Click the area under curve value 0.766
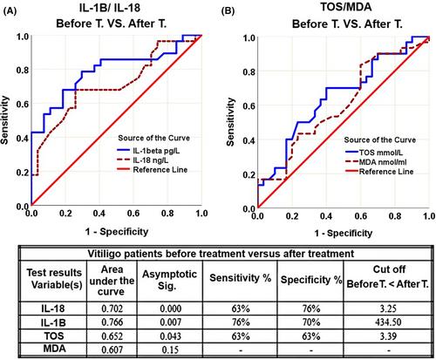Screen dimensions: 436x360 [x=112, y=323]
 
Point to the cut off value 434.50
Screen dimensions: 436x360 [x=388, y=323]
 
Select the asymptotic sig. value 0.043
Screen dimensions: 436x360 [x=170, y=336]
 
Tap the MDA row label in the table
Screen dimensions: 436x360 [x=54, y=349]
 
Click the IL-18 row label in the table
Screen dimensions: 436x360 [x=53, y=309]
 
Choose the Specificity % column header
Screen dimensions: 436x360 [x=311, y=280]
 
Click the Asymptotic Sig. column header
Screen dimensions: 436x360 [x=169, y=280]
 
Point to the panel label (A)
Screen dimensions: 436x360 [x=9, y=11]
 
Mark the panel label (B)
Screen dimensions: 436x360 [x=228, y=11]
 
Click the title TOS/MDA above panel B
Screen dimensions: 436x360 [x=346, y=7]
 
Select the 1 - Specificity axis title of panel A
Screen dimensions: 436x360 [x=117, y=232]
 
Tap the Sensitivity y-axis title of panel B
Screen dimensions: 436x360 [x=230, y=122]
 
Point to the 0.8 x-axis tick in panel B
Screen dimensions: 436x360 [x=395, y=216]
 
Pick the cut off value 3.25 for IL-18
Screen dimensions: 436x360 [x=388, y=309]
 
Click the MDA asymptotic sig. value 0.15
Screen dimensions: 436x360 [x=170, y=349]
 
